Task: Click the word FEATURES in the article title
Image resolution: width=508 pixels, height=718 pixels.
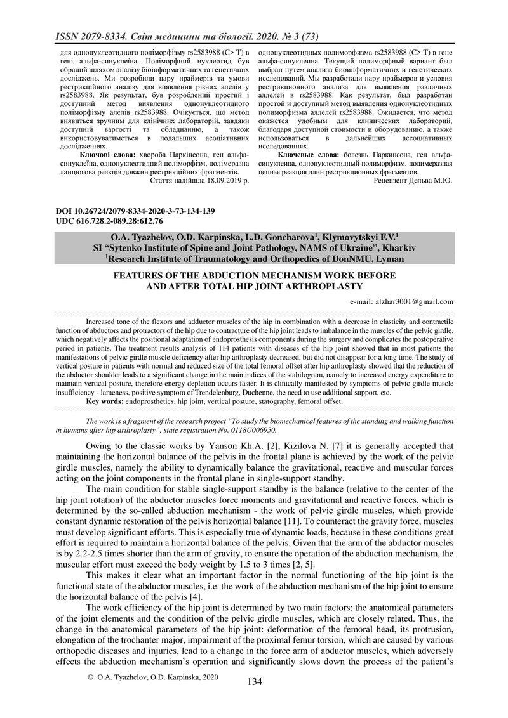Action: pos(138,276)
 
